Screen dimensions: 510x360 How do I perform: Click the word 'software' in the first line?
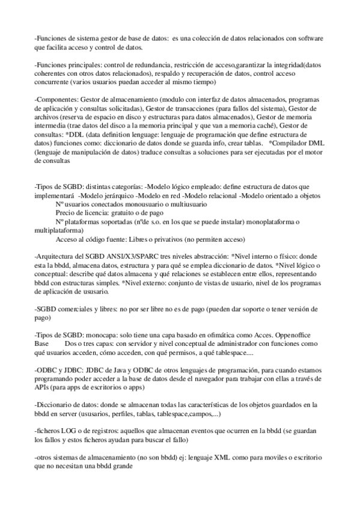click(310, 38)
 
